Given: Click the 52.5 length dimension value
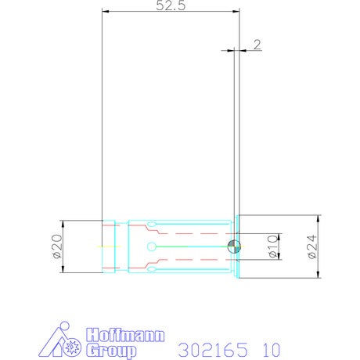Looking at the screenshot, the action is [171, 5].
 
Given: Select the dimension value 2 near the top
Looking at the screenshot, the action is [257, 45].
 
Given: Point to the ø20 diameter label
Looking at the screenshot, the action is [58, 247].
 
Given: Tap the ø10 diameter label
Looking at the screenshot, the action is [273, 247].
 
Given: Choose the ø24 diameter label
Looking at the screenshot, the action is [312, 247].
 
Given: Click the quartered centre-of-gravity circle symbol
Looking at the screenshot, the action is [234, 247].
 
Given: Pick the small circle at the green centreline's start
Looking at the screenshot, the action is [151, 247].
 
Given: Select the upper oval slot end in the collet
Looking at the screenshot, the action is [152, 224].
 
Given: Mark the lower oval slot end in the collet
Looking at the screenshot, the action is [152, 269].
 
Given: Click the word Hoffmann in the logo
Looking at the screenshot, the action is [125, 335].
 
